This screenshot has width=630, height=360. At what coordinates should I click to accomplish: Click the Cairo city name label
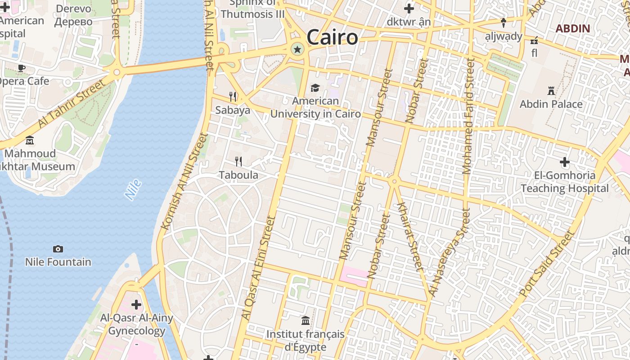332,37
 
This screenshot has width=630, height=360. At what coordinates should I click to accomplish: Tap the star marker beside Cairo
297,49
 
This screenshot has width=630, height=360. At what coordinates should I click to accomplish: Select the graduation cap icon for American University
315,88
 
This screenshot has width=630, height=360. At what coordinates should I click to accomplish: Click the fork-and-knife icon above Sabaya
233,96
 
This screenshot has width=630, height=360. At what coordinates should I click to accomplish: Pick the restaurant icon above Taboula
238,161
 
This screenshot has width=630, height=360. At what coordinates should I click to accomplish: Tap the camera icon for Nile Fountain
58,249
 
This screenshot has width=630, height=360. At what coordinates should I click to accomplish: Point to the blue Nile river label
133,189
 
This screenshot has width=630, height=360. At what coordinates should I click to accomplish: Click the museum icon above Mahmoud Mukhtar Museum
30,140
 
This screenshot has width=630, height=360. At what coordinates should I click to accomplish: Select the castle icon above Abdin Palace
551,91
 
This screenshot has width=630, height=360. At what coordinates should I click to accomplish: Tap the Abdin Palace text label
551,104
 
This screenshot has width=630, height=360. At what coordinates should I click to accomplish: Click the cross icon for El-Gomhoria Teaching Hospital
565,162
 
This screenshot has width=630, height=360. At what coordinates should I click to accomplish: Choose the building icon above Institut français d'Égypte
306,321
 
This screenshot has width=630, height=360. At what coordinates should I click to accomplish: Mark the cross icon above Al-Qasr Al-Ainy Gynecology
136,305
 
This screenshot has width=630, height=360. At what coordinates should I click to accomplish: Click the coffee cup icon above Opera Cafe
21,68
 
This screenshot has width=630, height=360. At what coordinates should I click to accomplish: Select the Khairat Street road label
410,237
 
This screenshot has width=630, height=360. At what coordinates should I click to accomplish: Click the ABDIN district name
572,29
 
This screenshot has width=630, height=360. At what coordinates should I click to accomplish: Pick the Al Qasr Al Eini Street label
258,268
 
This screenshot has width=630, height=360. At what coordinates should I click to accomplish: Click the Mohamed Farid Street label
468,116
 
